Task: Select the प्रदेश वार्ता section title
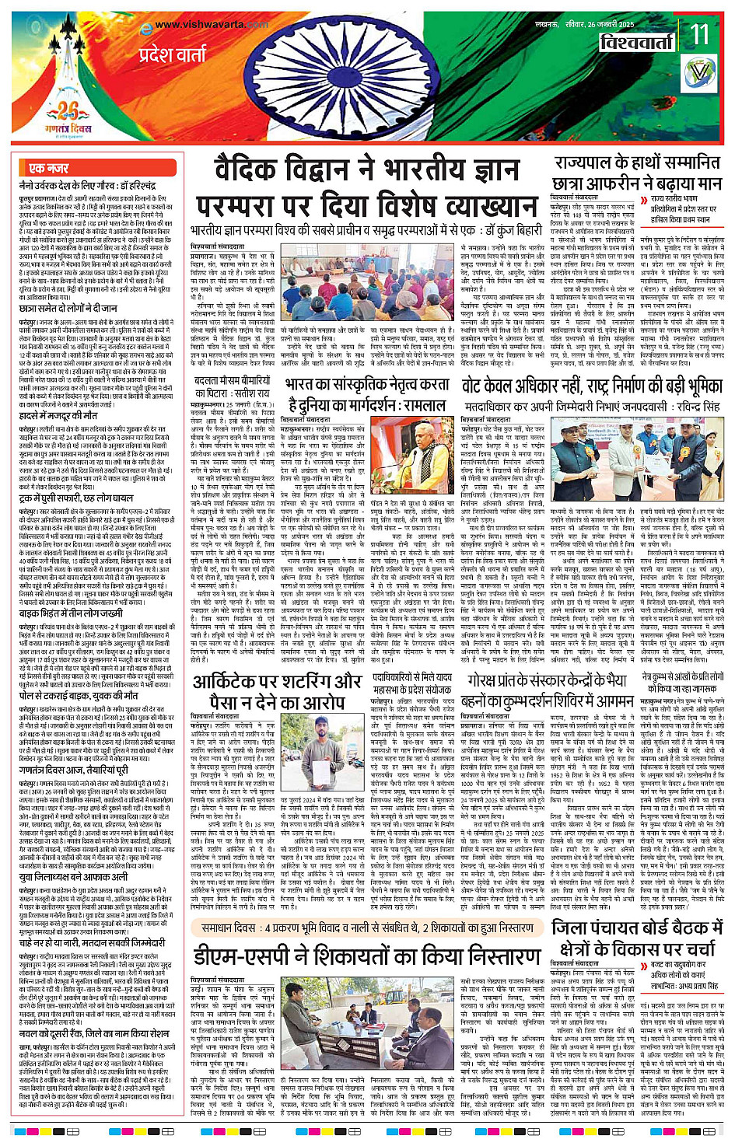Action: pos(173,55)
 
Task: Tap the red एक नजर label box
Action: pos(48,168)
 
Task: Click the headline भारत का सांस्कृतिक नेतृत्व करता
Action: pos(367,386)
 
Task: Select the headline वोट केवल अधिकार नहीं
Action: pos(591,386)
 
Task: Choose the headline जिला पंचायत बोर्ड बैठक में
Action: pos(637,928)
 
